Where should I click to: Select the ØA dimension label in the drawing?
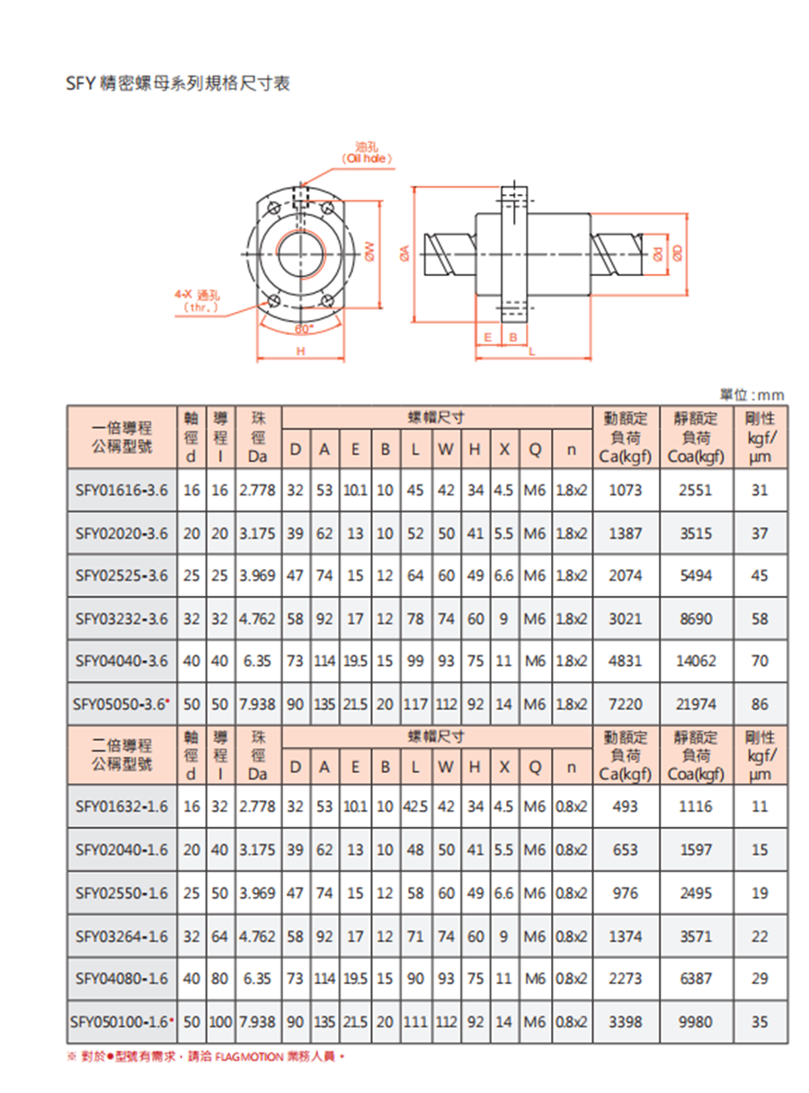coord(404,254)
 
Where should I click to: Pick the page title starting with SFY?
coord(177,84)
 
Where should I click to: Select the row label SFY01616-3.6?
coord(121,491)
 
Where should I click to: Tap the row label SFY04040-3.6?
coord(121,661)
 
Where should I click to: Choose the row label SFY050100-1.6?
coord(121,1022)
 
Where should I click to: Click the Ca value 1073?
coord(625,491)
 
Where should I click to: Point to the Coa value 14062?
coord(696,661)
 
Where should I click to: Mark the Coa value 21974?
coord(696,704)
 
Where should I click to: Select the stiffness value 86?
coord(760,704)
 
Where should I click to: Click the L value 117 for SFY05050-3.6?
coord(415,704)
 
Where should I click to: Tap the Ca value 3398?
coord(625,1022)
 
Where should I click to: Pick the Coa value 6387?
coord(696,979)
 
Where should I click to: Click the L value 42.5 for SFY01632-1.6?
coord(415,806)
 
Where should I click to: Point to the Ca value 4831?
coord(625,661)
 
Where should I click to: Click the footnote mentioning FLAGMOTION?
coord(207,1056)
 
